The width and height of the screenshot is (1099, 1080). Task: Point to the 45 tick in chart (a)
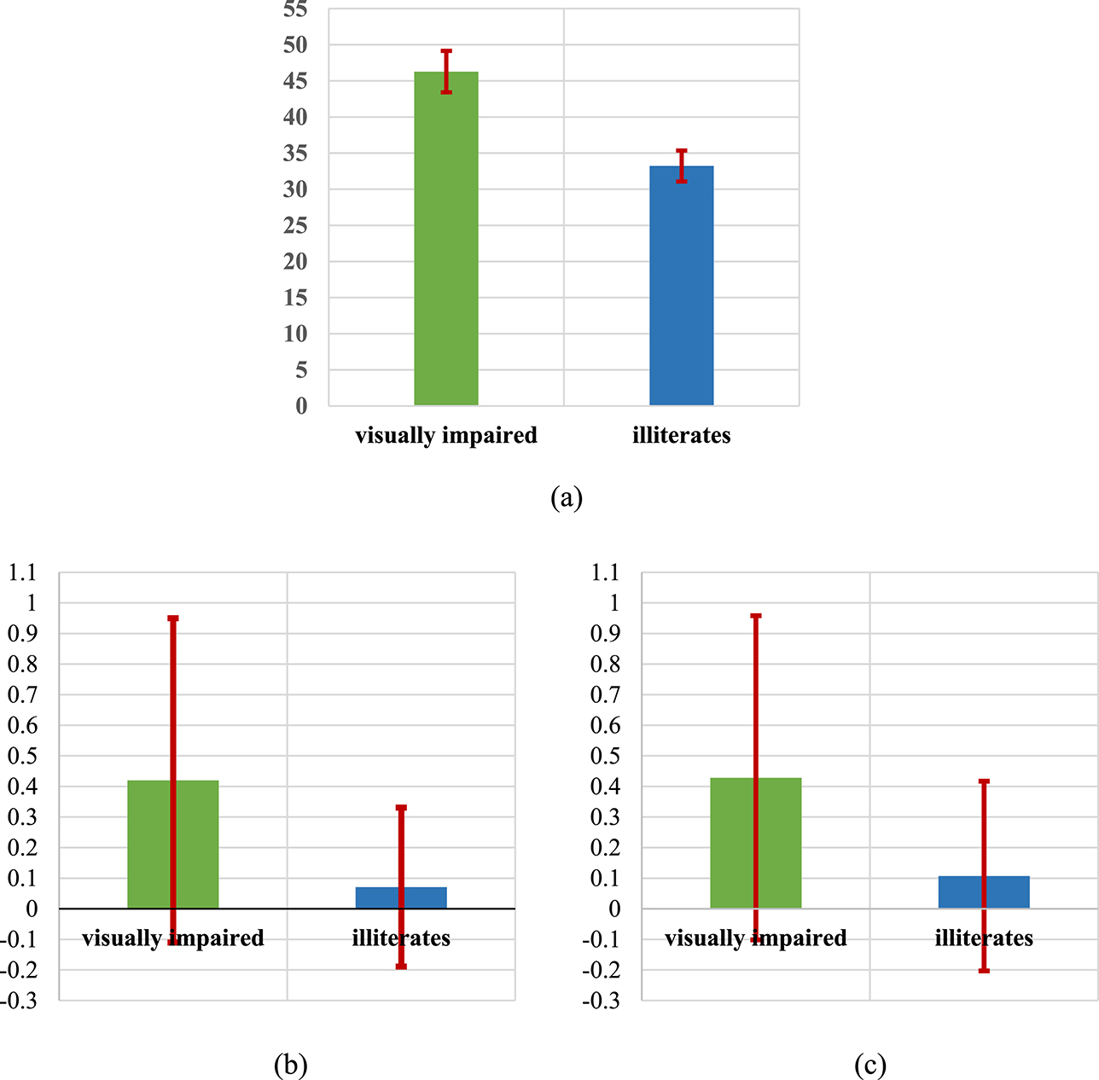click(x=295, y=81)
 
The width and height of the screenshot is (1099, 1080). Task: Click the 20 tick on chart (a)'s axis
click(x=295, y=262)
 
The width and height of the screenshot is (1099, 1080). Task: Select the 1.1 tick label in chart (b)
click(x=22, y=572)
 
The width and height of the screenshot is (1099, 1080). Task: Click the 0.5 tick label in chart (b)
click(x=22, y=756)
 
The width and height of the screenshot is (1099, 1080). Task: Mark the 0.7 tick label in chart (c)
click(x=605, y=694)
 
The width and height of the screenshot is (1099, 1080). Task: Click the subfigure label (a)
click(x=567, y=496)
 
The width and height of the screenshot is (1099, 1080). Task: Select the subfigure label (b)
click(x=290, y=1064)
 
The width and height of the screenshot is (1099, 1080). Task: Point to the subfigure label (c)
click(x=869, y=1064)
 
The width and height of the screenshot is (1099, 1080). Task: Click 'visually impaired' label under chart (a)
click(x=446, y=435)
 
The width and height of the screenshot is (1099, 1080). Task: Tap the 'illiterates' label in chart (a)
click(x=681, y=435)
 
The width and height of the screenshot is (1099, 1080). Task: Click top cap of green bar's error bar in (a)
click(x=446, y=51)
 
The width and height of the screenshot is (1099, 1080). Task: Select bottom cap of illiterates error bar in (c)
click(x=984, y=971)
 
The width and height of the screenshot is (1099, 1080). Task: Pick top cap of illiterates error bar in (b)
click(x=401, y=807)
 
